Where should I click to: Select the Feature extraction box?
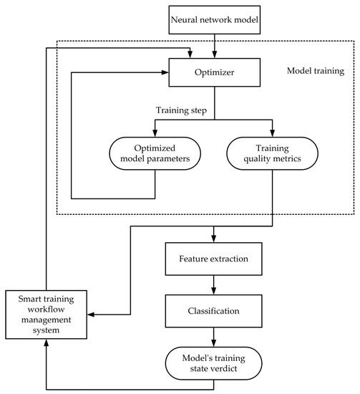tap(212, 256)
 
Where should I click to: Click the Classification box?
tap(212, 312)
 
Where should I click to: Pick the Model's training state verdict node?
tap(212, 364)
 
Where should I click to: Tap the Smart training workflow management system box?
tap(45, 313)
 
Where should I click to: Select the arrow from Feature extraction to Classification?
tap(212, 284)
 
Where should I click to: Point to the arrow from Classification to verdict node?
tap(212, 339)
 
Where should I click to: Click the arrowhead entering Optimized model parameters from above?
tap(155, 133)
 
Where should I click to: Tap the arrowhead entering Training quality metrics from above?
tap(273, 133)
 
